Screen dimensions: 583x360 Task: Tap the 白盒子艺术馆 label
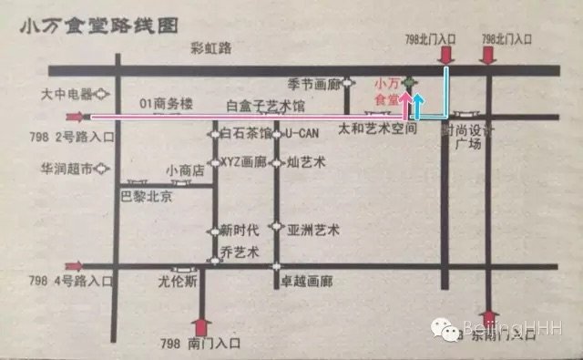click(x=266, y=106)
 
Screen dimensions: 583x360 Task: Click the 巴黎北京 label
click(x=147, y=196)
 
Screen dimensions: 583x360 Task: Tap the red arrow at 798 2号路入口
click(x=77, y=117)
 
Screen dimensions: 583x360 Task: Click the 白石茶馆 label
click(x=247, y=133)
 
